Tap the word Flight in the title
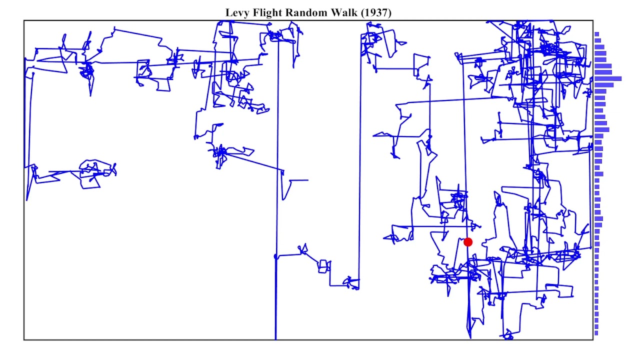point(265,13)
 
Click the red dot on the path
point(468,242)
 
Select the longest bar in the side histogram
point(608,78)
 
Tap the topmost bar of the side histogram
point(596,34)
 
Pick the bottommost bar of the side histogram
point(596,333)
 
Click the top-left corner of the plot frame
point(24,20)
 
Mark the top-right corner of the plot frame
point(593,20)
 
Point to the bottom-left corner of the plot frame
point(24,340)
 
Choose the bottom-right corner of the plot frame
point(593,340)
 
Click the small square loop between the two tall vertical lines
point(323,266)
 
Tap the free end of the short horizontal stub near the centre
point(307,180)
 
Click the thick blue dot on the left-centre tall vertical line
point(275,256)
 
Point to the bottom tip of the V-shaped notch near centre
point(284,199)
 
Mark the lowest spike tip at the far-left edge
point(27,200)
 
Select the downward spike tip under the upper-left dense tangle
point(90,95)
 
